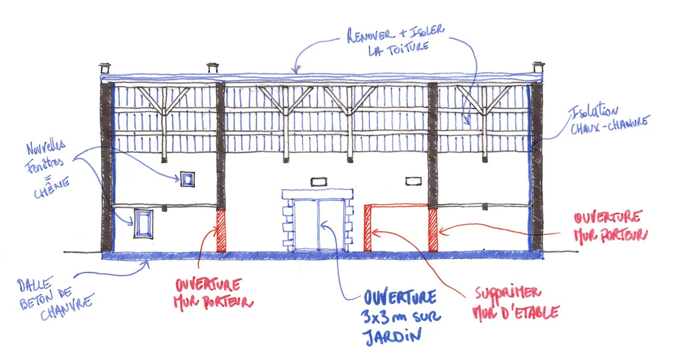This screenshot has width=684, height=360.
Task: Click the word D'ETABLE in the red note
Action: point(530,313)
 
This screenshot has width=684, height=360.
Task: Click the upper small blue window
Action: point(187,179)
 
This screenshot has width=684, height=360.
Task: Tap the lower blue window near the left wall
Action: point(143,223)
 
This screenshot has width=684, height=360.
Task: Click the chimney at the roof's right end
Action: point(538,69)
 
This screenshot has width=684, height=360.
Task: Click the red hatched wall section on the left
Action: point(221,230)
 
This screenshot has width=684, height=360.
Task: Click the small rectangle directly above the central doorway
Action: point(319,182)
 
